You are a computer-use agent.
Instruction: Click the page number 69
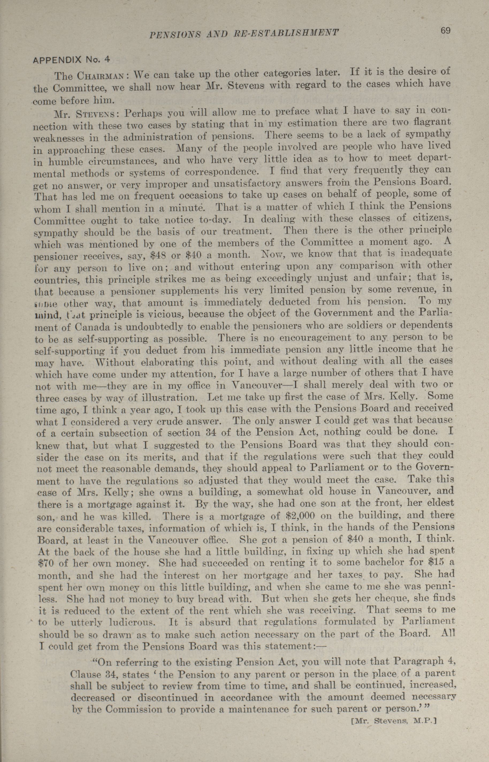tap(445, 31)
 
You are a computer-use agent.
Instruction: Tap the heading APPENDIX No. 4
tap(71, 59)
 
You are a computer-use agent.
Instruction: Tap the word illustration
tap(168, 398)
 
